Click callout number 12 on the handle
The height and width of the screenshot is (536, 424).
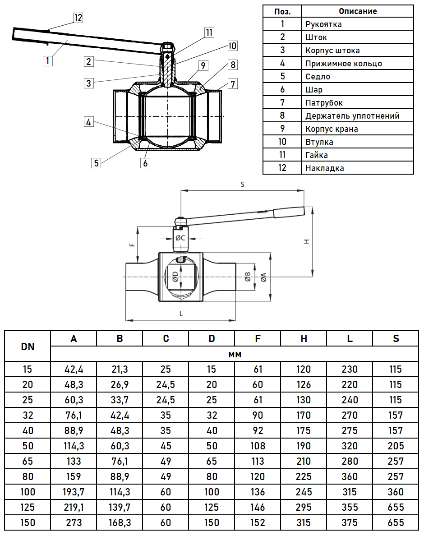click(78, 18)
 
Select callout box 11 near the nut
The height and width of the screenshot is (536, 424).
click(208, 32)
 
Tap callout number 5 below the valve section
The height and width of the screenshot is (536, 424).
click(96, 162)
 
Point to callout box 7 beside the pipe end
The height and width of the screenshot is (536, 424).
click(232, 83)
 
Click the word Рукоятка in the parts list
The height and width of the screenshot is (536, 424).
click(323, 24)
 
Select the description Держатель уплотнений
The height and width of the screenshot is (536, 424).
click(352, 116)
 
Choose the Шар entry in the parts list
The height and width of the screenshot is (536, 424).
click(314, 90)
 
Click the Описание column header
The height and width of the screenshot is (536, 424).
click(357, 11)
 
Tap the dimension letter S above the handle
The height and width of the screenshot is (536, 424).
click(243, 185)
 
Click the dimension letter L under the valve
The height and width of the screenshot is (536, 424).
click(181, 314)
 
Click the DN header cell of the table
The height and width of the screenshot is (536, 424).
click(28, 347)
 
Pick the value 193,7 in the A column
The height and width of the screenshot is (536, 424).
click(74, 492)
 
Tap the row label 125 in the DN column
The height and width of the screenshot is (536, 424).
click(28, 507)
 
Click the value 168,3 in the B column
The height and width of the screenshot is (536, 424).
click(120, 522)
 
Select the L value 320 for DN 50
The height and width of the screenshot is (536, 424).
click(350, 446)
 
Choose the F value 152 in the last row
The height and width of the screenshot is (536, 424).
click(258, 522)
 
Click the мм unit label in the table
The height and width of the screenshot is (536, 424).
click(235, 355)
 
